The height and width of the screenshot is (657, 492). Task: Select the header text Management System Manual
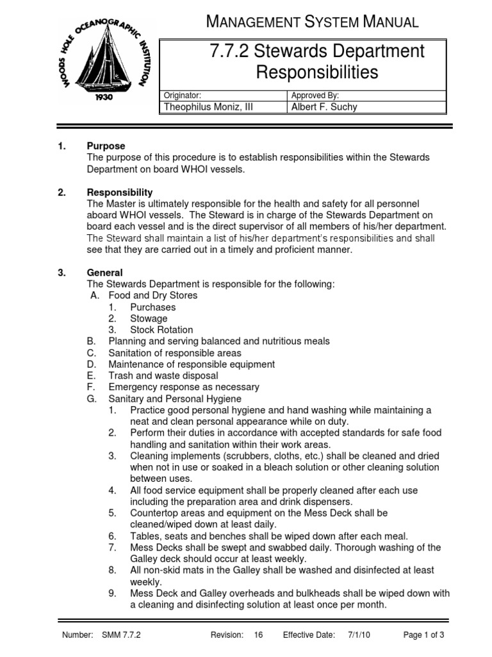coord(313,22)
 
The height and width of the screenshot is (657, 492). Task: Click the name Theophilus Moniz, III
coord(208,107)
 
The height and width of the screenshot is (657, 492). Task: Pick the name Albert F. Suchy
coord(324,107)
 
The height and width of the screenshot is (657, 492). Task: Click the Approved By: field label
coord(315,95)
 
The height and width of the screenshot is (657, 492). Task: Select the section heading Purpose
coord(106,146)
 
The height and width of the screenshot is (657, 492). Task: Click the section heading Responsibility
coord(119,192)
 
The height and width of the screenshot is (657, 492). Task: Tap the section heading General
coord(104,273)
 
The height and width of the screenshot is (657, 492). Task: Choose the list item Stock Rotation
coord(161,330)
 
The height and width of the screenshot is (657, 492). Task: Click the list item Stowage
coord(149,319)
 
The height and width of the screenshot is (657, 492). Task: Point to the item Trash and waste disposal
coord(163,376)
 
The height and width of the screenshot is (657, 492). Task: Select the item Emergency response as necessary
coord(184,388)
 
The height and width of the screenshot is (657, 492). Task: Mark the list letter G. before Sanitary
coord(91,399)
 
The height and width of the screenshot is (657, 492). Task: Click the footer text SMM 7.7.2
coord(120,635)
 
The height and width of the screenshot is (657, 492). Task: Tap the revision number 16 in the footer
coord(258,635)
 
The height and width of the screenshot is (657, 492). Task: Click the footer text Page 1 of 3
coord(423,635)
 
